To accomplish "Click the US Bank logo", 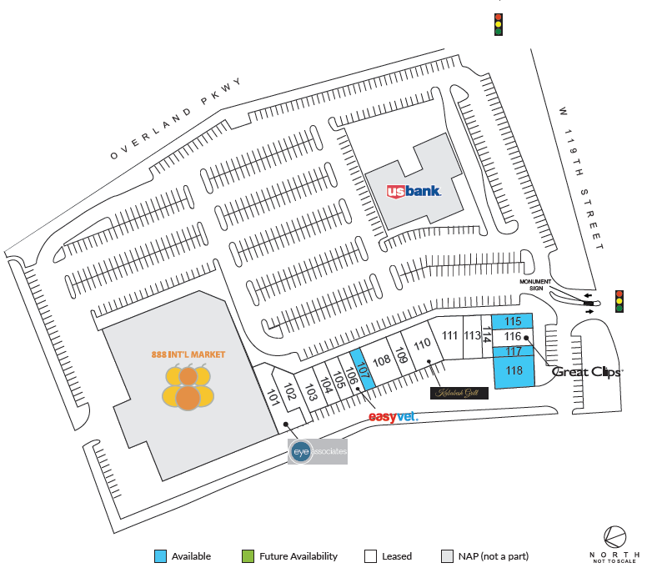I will (x=414, y=191).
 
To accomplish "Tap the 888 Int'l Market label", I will (x=188, y=354).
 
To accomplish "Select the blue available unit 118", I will (x=514, y=372).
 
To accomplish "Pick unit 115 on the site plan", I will (x=513, y=321).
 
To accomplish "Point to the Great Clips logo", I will (x=587, y=373).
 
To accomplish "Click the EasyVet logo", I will (x=393, y=416).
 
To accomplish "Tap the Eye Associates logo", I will (x=317, y=451).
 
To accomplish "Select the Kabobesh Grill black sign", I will (x=459, y=393).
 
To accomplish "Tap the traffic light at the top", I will (x=499, y=23).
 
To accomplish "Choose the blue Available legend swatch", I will (x=160, y=556).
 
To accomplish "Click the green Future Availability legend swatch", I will (x=248, y=556).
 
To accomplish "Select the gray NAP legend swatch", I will (x=447, y=556).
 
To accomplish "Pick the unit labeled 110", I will (x=422, y=344).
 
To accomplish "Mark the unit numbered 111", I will (x=450, y=336).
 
